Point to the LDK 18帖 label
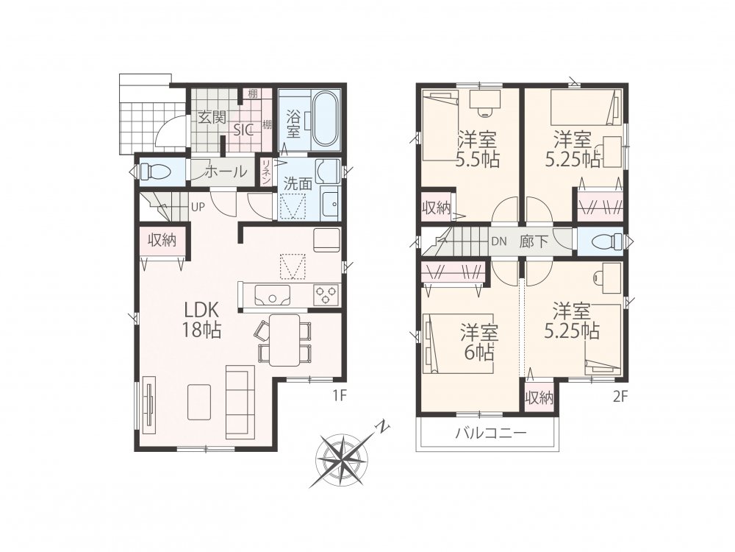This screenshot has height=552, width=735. coord(202,320)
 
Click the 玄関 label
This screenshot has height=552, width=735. coord(212,117)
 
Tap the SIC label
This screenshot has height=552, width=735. coord(244,130)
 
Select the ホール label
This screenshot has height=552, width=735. coord(226,171)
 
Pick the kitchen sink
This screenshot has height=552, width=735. coord(273,295)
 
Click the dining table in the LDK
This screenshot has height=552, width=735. coord(284,340)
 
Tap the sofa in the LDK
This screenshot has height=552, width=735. coord(240,401)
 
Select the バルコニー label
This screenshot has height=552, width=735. coord(491,433)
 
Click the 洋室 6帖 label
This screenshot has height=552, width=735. coord(478,342)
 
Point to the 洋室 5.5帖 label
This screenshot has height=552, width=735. coord(478,149)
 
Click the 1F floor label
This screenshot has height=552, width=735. coord(340,396)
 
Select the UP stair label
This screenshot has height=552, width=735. coord(198,207)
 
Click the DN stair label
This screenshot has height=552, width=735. coord(499,241)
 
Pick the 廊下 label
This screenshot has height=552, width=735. coord(534,241)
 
